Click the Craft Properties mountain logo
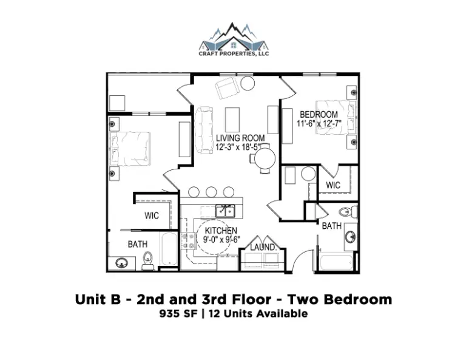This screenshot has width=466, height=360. (x=234, y=39)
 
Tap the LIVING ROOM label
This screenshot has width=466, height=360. (x=240, y=138)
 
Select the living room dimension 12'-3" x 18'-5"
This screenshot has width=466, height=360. (x=238, y=146)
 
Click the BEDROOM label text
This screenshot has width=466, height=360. (x=319, y=115)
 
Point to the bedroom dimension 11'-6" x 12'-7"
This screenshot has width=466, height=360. (x=319, y=123)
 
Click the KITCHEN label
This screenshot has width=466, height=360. (x=221, y=231)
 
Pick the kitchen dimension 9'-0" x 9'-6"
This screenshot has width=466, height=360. (x=221, y=239)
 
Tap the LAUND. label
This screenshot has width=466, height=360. (x=263, y=247)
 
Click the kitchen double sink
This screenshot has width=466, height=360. (x=225, y=211)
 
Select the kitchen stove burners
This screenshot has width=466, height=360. (x=187, y=241)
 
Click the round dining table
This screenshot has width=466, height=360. (x=265, y=158)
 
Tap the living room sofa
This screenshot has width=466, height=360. (x=204, y=131)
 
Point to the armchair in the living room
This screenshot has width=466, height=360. (x=228, y=87)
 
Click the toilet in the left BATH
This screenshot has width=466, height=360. (x=147, y=260)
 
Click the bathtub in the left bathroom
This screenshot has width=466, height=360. (x=169, y=249)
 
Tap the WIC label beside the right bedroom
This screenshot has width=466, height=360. (x=333, y=185)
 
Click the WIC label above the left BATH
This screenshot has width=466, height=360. (x=152, y=216)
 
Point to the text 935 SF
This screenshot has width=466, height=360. (x=178, y=314)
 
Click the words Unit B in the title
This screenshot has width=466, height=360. (x=98, y=299)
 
